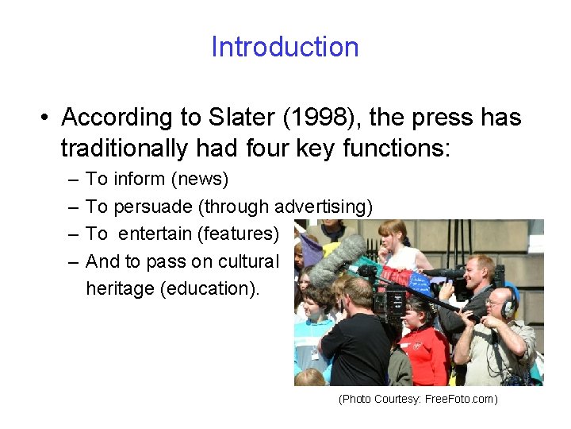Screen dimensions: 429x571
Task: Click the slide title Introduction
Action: [x=285, y=47]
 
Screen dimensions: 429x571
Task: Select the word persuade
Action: [x=154, y=207]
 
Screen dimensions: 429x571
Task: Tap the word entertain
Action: [x=154, y=234]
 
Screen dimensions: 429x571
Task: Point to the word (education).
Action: [x=209, y=288]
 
